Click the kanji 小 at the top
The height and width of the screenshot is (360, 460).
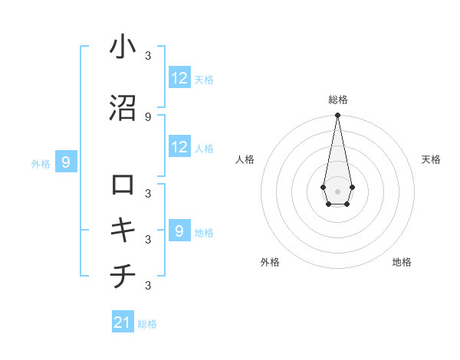click(x=123, y=47)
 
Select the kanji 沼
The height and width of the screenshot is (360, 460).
click(x=123, y=108)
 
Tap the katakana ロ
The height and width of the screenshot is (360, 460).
click(x=123, y=185)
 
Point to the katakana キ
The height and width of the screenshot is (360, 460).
click(x=123, y=231)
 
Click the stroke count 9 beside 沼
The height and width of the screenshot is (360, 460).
click(x=148, y=116)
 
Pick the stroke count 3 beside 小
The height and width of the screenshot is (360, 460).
click(x=148, y=55)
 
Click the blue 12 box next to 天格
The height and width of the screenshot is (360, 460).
click(x=179, y=78)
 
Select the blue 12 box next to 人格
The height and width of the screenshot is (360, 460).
click(x=179, y=147)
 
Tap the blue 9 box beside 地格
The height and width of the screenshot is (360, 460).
click(x=179, y=231)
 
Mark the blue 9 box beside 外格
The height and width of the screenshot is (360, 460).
click(x=66, y=162)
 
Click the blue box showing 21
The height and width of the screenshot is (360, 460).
click(x=123, y=322)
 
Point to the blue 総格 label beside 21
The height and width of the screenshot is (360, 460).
click(x=147, y=324)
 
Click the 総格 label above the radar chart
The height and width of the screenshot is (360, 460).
click(x=337, y=100)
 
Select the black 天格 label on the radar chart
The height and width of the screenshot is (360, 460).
click(x=432, y=159)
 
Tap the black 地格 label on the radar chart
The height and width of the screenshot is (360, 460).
click(x=402, y=262)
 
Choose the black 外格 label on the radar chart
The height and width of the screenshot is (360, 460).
click(x=270, y=262)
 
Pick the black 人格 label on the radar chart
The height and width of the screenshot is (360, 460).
click(x=245, y=159)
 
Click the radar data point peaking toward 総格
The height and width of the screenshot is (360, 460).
click(x=337, y=116)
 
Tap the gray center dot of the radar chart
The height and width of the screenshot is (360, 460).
click(x=337, y=190)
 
